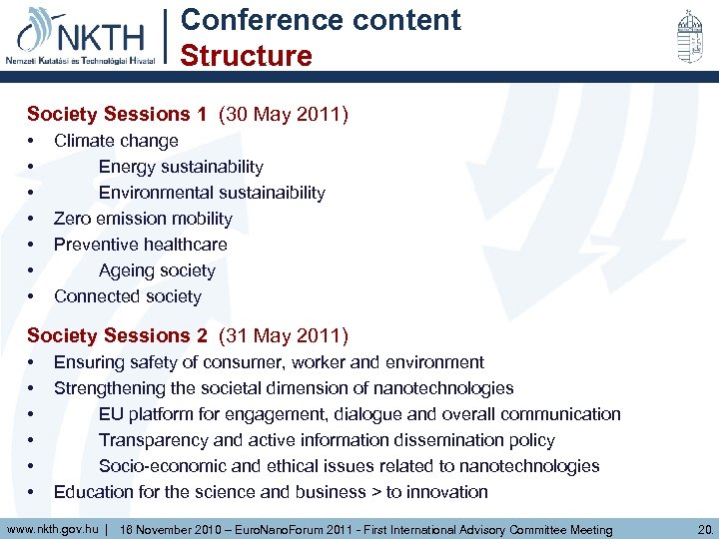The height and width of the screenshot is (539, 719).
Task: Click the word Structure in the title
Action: click(246, 55)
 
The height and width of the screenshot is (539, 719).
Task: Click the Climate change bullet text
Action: click(116, 141)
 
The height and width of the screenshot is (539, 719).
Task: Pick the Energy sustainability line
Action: click(181, 167)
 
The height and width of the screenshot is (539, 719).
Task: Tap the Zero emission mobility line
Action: click(143, 219)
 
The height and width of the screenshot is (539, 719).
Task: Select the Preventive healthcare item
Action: click(141, 245)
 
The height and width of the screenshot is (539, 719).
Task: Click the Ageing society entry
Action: click(157, 270)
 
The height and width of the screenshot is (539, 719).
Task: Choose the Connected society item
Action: click(128, 296)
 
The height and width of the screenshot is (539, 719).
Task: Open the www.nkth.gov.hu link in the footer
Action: click(52, 528)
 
